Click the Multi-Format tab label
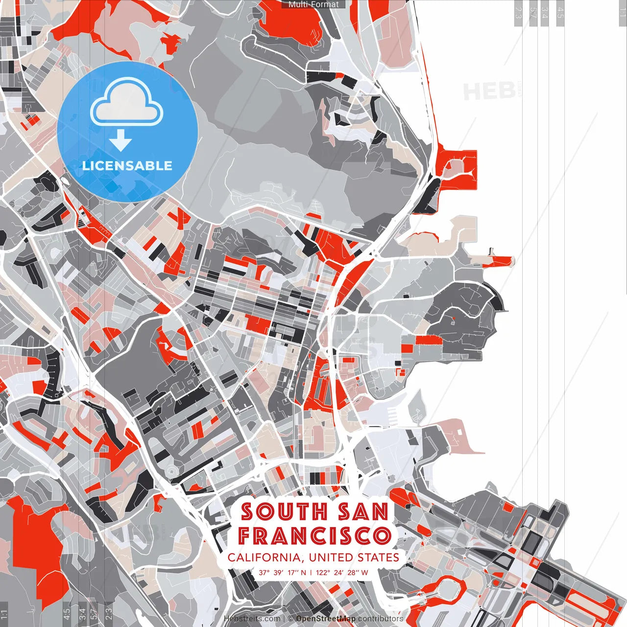[313, 4]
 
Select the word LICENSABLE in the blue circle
[127, 166]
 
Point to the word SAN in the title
[363, 512]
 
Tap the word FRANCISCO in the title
[314, 536]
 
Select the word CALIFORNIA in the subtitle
[264, 557]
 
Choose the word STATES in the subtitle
[378, 557]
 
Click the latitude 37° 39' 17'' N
[283, 572]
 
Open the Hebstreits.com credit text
[252, 619]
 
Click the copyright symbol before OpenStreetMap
[290, 619]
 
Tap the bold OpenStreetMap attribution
[326, 619]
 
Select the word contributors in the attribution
[380, 619]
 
